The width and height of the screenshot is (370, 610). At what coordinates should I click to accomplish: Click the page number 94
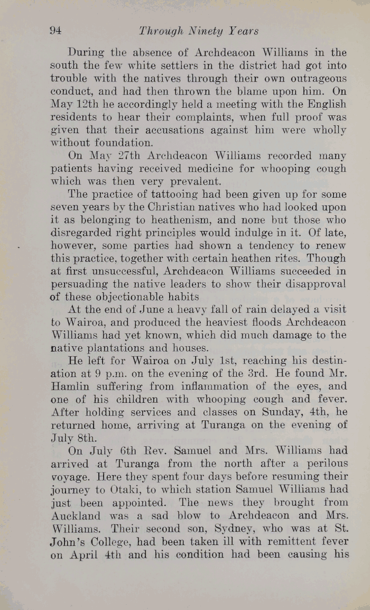55,31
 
